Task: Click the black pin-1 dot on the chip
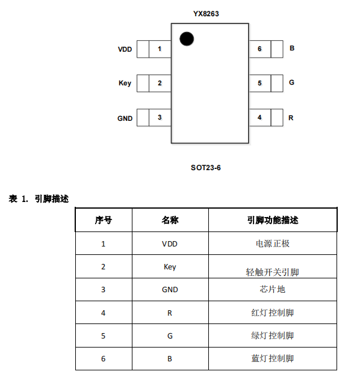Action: point(187,39)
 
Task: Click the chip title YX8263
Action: point(206,14)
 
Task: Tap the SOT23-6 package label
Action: point(206,168)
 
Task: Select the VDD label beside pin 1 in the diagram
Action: point(125,49)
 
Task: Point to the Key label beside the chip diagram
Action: point(125,83)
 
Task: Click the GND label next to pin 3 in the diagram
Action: point(125,118)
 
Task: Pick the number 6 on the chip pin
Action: point(259,49)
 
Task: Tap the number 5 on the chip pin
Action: point(259,83)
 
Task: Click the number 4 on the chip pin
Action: point(259,117)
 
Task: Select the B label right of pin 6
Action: point(292,48)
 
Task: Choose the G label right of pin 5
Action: point(291,82)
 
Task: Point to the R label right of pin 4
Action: point(291,118)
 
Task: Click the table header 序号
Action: point(104,220)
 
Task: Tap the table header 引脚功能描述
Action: point(273,220)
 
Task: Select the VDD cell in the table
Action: point(170,244)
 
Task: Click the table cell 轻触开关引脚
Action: point(272,272)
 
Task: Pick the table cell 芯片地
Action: point(272,289)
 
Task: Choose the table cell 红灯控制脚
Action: point(273,313)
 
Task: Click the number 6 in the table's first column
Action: point(104,359)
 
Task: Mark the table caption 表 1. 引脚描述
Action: point(39,198)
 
